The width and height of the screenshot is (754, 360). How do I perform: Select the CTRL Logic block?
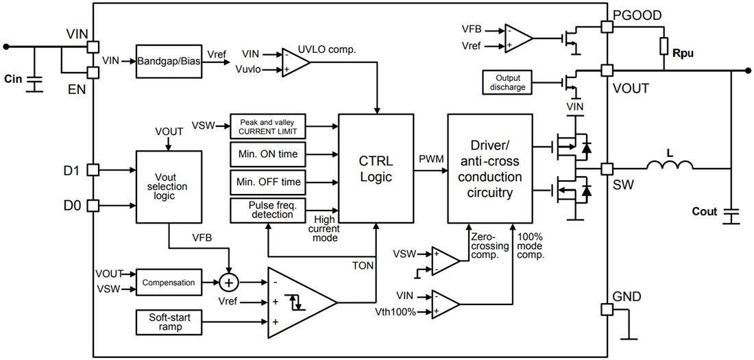(x=376, y=169)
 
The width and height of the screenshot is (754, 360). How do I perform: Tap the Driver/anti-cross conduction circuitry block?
(x=489, y=169)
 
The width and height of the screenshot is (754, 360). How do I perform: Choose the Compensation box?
(x=168, y=282)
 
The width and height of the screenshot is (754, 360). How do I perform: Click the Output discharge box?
(x=507, y=82)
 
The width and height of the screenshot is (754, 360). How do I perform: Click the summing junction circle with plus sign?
(x=229, y=282)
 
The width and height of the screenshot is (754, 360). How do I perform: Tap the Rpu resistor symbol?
(x=663, y=47)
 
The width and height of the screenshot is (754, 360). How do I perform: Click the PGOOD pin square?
(x=606, y=26)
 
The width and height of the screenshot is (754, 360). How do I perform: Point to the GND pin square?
(x=606, y=309)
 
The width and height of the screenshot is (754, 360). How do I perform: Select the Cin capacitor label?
(x=13, y=78)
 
